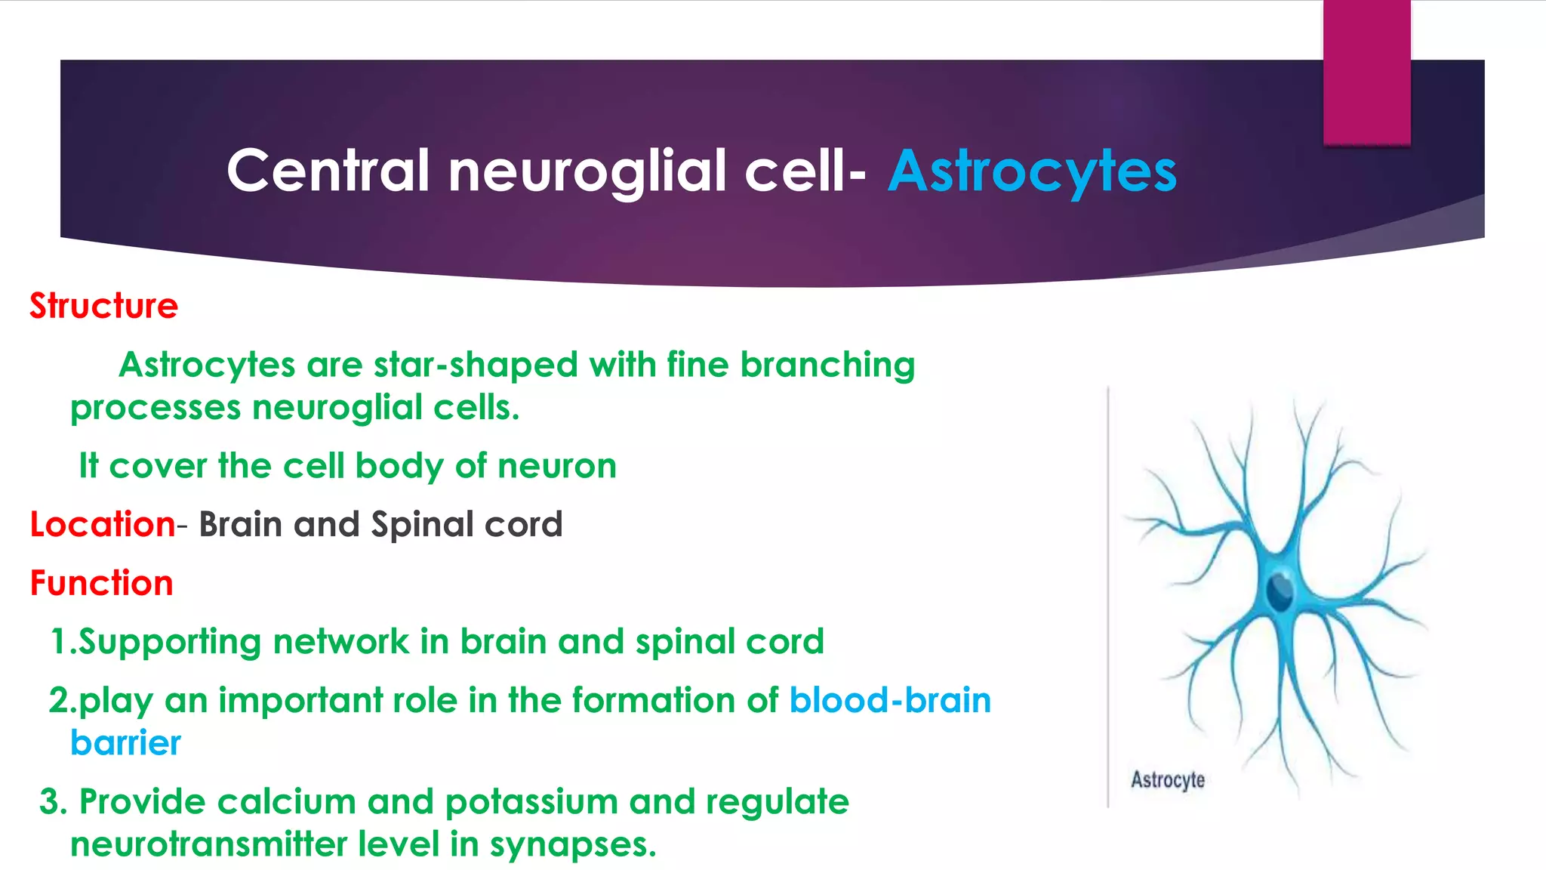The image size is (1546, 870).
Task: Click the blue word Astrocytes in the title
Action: point(1031,171)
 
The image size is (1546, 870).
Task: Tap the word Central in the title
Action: point(328,171)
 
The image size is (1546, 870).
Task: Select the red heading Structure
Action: point(103,306)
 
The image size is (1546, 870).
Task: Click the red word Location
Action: point(103,524)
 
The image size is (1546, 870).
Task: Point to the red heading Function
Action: point(101,583)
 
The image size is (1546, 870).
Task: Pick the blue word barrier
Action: point(125,743)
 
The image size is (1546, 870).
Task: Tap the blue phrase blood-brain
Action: point(890,700)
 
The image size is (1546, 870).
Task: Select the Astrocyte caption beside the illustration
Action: point(1167,779)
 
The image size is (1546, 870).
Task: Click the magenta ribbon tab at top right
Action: point(1366,72)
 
